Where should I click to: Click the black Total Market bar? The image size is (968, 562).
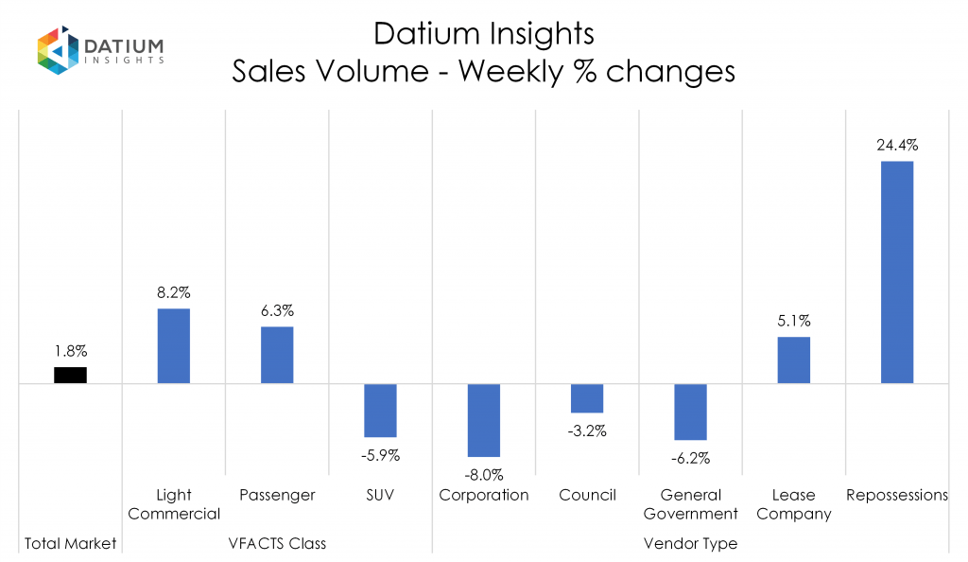(70, 375)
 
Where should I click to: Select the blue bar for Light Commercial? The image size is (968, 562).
(173, 346)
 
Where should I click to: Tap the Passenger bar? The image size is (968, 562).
(277, 355)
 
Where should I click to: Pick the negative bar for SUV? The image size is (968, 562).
(380, 410)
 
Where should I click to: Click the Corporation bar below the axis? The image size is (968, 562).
(483, 420)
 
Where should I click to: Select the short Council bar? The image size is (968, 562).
(587, 398)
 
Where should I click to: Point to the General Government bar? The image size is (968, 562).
(690, 412)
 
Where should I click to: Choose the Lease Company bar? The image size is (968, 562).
(793, 360)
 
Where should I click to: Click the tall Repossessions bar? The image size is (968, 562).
(897, 272)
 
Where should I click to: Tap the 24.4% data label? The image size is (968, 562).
(897, 146)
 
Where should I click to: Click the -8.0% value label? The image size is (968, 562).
(484, 475)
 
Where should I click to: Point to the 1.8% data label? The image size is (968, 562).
(70, 352)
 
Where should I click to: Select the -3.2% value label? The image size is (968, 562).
(587, 431)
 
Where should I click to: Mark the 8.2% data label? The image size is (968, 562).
(174, 293)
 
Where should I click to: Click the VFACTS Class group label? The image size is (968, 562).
(277, 544)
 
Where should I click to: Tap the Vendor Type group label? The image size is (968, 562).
(690, 544)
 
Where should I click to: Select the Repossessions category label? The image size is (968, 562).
(897, 495)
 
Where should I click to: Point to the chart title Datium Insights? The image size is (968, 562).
(483, 34)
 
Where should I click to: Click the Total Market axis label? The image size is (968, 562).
(70, 544)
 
